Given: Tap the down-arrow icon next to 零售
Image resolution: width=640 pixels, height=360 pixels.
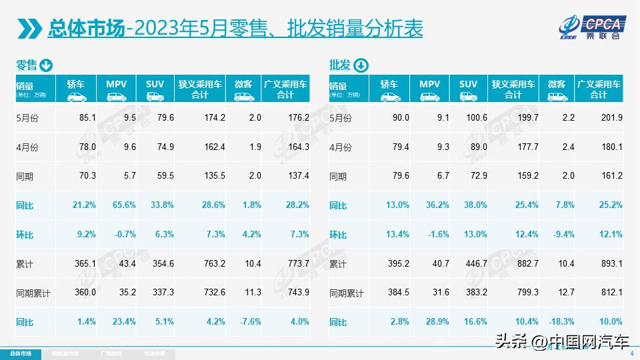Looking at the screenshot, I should click(46, 65).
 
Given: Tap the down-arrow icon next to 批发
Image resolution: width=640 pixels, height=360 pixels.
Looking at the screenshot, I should click(360, 65).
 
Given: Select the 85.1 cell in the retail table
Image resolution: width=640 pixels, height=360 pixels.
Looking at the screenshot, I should click(87, 117).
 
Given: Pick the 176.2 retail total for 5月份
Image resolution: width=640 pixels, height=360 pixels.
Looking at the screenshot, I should click(298, 117).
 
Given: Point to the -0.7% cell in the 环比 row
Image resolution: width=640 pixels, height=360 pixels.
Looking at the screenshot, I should click(124, 235).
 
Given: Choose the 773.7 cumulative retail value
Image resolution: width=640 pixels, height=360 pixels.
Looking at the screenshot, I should click(298, 264).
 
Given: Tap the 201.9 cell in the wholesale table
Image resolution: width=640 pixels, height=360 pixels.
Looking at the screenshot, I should click(611, 117).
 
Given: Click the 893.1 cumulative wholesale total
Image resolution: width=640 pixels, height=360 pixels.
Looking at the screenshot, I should click(611, 264).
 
